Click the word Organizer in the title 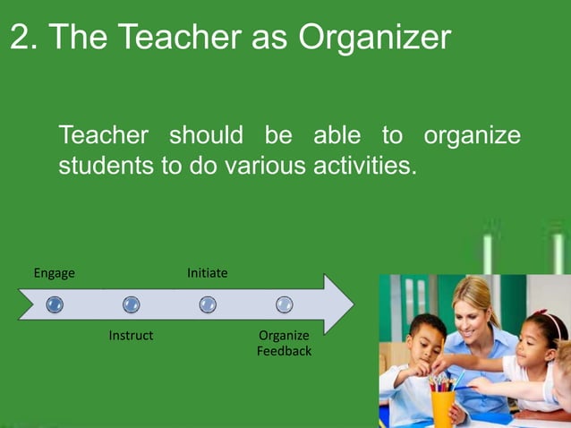375,38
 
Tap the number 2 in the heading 20,38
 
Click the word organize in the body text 472,136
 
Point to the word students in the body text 107,167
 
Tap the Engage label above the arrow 54,272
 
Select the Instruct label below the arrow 131,336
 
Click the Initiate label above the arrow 207,272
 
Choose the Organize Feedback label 284,343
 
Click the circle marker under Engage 55,304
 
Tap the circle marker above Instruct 131,304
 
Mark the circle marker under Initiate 208,304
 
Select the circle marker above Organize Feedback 284,304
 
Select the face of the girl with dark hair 535,338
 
